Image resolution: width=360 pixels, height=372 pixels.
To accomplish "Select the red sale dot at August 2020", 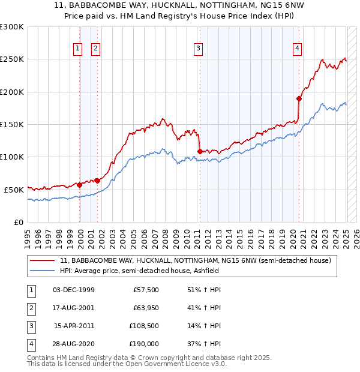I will [299, 98].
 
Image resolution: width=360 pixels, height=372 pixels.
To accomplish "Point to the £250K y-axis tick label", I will [12, 59].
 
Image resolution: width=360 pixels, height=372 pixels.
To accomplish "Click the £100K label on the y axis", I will [12, 157].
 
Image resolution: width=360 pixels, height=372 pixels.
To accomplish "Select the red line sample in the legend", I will [42, 261].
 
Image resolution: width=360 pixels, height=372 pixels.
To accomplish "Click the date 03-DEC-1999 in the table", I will [73, 290].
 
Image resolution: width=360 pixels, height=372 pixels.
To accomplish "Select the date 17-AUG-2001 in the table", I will [73, 308].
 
